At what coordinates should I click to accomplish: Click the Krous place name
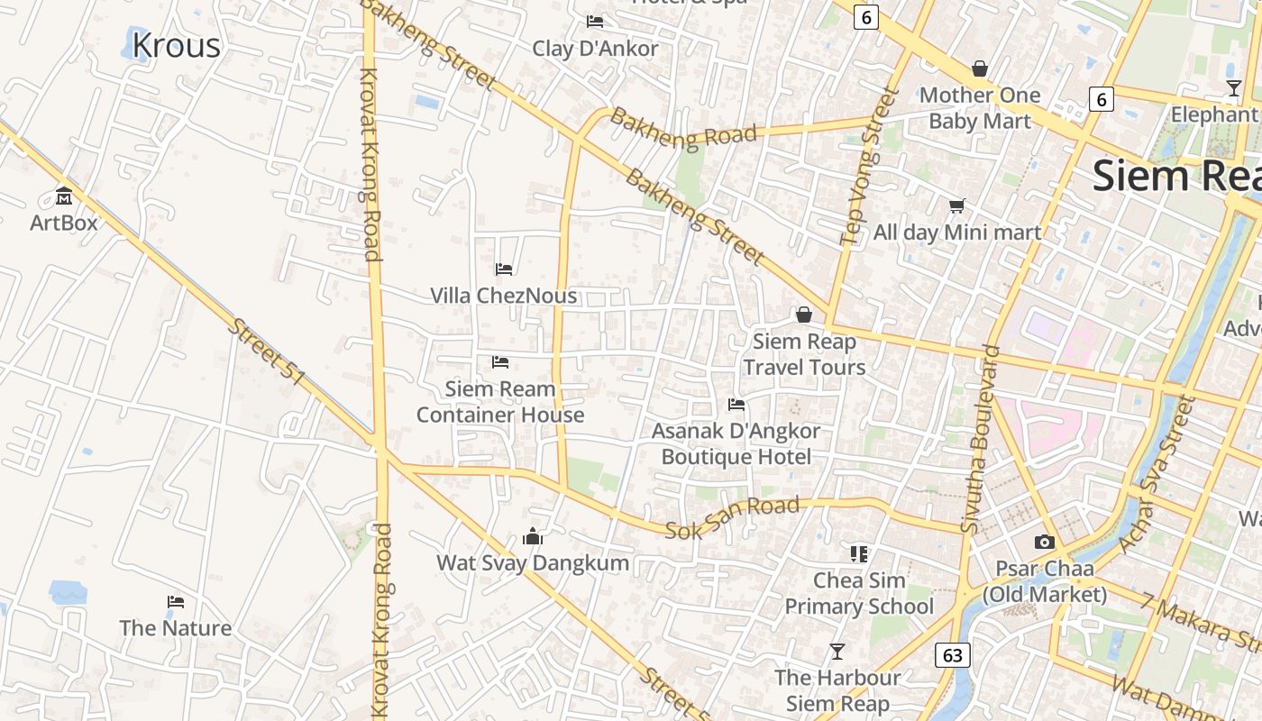pos(176,45)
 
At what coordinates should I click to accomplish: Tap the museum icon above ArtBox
pos(64,196)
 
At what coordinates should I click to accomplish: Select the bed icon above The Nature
pos(176,602)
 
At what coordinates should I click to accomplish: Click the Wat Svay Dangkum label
pos(533,563)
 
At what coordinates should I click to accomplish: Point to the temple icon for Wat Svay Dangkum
pos(533,537)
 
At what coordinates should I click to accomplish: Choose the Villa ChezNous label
pos(503,296)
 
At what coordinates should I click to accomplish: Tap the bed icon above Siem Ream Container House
pos(500,362)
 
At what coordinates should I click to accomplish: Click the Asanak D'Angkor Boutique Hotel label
pos(736,443)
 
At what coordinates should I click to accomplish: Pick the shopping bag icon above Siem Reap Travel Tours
pos(803,315)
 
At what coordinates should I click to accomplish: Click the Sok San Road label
pos(732,518)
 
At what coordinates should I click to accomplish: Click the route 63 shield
pos(953,654)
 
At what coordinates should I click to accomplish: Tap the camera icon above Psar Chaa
pos(1044,542)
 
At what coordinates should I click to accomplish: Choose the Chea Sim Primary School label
pos(859,593)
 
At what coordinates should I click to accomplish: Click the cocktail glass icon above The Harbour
pos(837,651)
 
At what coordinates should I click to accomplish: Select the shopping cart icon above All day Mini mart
pos(956,206)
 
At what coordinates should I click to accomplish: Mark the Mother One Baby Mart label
pos(980,107)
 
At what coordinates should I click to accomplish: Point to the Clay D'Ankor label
pos(595,49)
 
